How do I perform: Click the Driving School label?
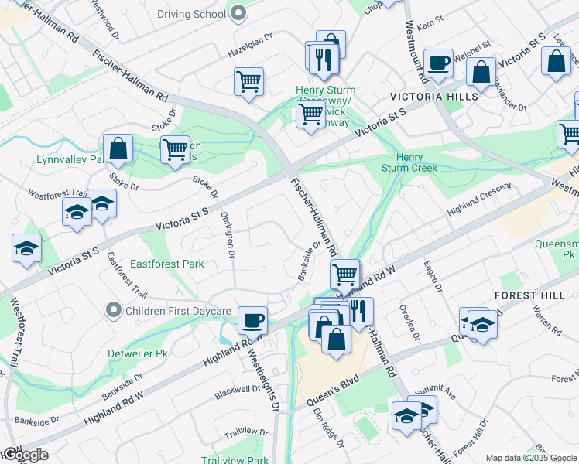[x=191, y=14]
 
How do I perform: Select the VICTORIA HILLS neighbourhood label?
[x=433, y=97]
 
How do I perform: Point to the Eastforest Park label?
[x=166, y=264]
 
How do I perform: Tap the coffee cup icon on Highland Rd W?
[x=252, y=319]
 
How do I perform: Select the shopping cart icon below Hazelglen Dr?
[x=248, y=80]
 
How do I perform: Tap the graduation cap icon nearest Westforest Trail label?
[x=77, y=211]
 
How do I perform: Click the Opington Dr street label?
[x=228, y=233]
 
